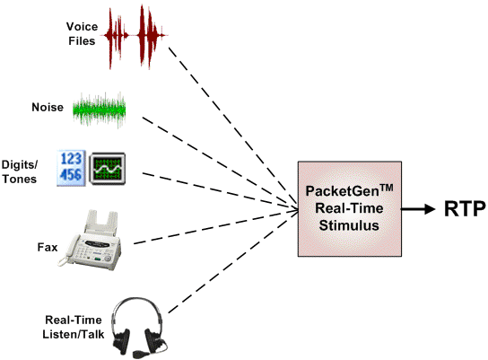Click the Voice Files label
tap(82, 33)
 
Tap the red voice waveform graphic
tap(136, 37)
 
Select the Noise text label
tap(48, 107)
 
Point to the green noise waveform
tap(100, 110)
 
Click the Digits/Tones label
tap(20, 171)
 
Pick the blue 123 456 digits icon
tap(71, 168)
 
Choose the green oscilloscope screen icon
tap(108, 169)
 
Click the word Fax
tap(48, 247)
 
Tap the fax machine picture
tap(91, 240)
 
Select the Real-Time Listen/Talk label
tap(74, 327)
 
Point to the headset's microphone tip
tap(138, 354)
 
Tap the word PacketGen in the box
tap(342, 191)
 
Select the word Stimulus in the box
tap(349, 225)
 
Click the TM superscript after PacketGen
tap(387, 189)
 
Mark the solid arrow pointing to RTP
tap(418, 209)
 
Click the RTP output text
tap(465, 208)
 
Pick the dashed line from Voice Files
tap(233, 128)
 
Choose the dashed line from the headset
tap(233, 262)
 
